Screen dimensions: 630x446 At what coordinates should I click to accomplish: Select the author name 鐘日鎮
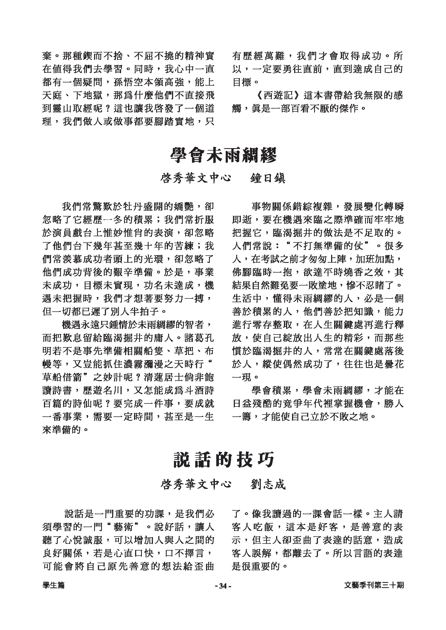(x=268, y=178)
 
